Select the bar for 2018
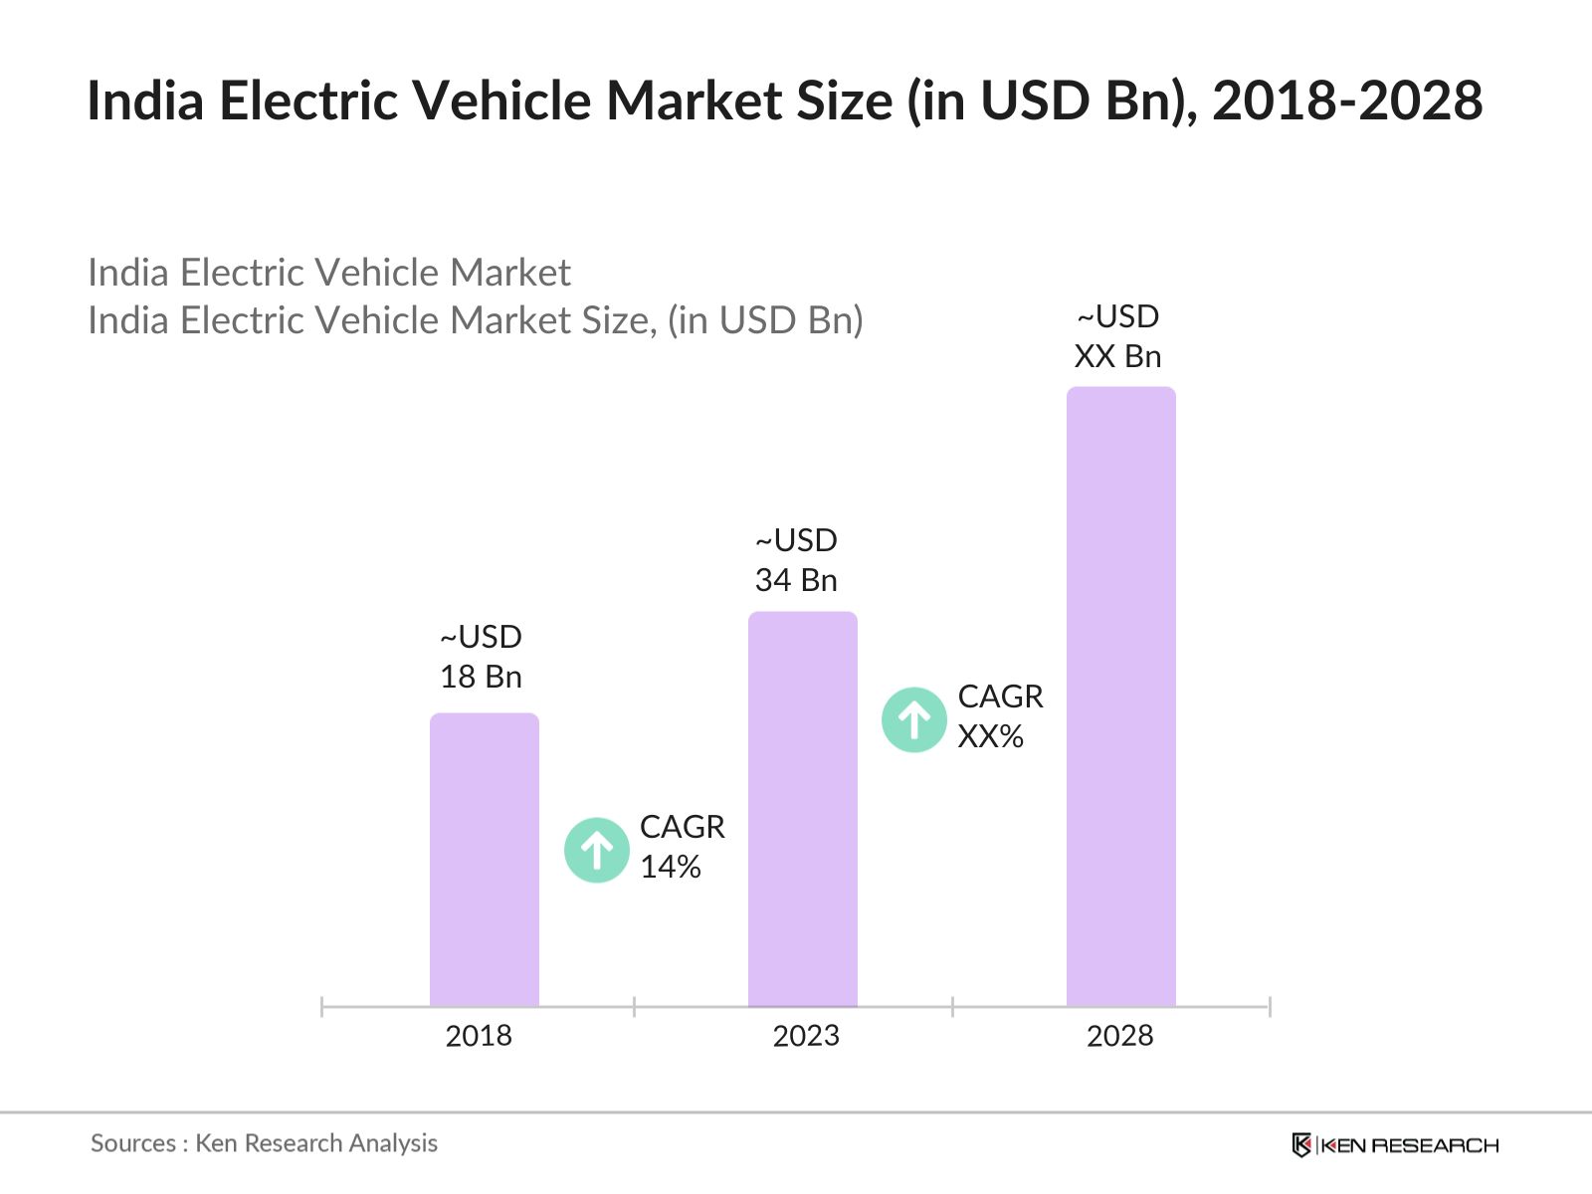tap(484, 861)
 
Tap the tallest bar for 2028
tap(1120, 696)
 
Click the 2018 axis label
tap(479, 1036)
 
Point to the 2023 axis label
tap(806, 1036)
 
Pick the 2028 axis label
tap(1119, 1036)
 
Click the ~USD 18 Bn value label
tap(481, 657)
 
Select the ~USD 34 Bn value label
tap(796, 560)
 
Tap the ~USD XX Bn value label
tap(1117, 336)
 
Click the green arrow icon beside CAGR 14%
tap(597, 850)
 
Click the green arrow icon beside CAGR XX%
tap(913, 719)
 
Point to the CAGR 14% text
tap(682, 847)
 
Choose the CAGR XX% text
tap(999, 716)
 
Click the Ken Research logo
tap(1395, 1145)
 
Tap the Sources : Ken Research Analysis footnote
tap(264, 1143)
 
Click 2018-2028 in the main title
tap(1347, 100)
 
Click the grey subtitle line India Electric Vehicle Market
tap(328, 273)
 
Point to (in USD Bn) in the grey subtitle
tap(764, 320)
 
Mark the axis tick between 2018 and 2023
tap(634, 1006)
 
